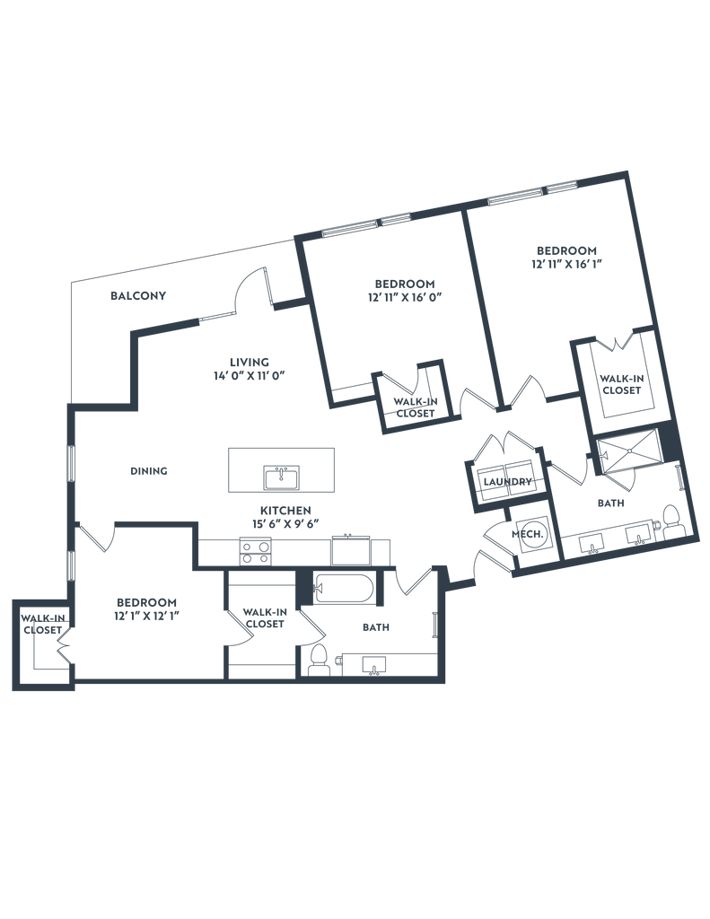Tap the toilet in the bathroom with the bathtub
coord(316,661)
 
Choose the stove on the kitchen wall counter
coord(256,550)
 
